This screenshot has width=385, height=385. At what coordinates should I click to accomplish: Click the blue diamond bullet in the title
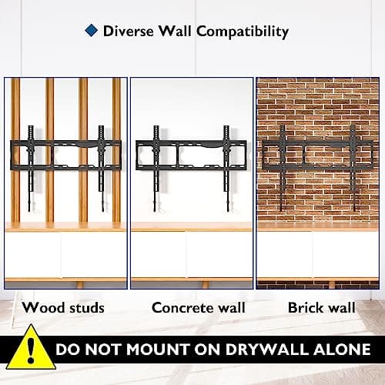92,31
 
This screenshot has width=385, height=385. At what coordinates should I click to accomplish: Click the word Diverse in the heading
129,31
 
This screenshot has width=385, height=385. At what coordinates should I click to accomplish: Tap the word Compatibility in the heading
243,32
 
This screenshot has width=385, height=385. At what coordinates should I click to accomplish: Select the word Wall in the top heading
175,31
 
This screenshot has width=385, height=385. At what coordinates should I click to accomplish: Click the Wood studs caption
63,307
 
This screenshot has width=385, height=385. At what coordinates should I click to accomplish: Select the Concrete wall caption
199,307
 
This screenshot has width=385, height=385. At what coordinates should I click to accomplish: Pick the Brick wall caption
322,307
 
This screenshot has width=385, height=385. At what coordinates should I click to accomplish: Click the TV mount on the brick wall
317,155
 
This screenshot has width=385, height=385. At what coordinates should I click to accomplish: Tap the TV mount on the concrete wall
191,155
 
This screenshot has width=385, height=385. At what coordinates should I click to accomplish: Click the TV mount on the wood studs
65,155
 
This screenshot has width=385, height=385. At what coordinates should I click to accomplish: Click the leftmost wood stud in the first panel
15,150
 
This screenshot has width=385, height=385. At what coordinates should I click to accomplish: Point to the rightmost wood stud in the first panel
116,150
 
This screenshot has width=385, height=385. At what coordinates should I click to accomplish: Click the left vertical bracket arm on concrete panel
156,169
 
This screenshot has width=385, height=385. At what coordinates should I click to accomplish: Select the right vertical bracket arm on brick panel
353,168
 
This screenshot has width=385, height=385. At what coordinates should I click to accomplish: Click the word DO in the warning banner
67,350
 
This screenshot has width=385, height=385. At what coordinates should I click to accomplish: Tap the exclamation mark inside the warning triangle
31,350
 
